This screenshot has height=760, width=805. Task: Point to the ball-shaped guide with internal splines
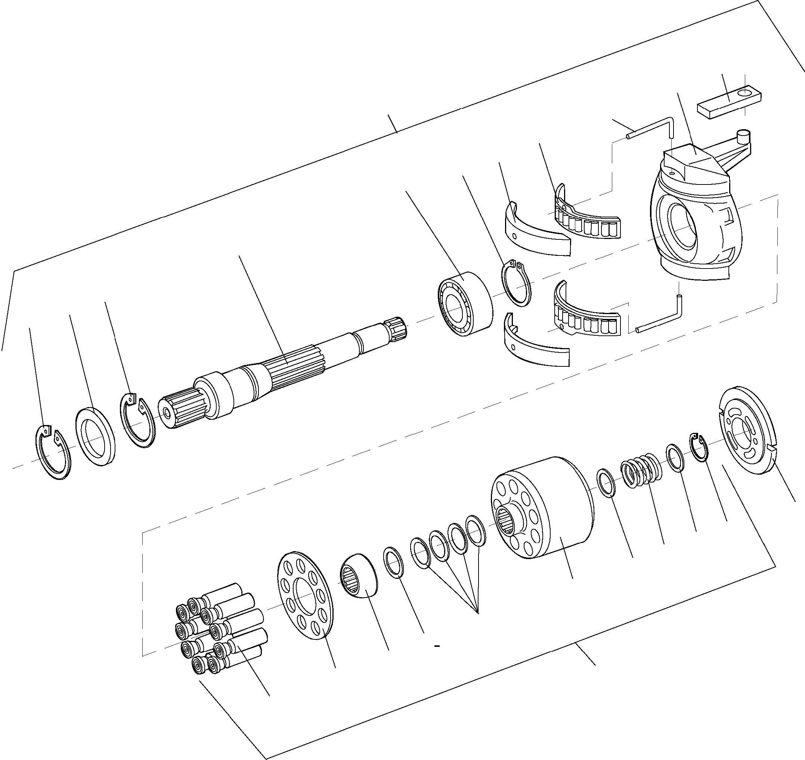coord(359,575)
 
